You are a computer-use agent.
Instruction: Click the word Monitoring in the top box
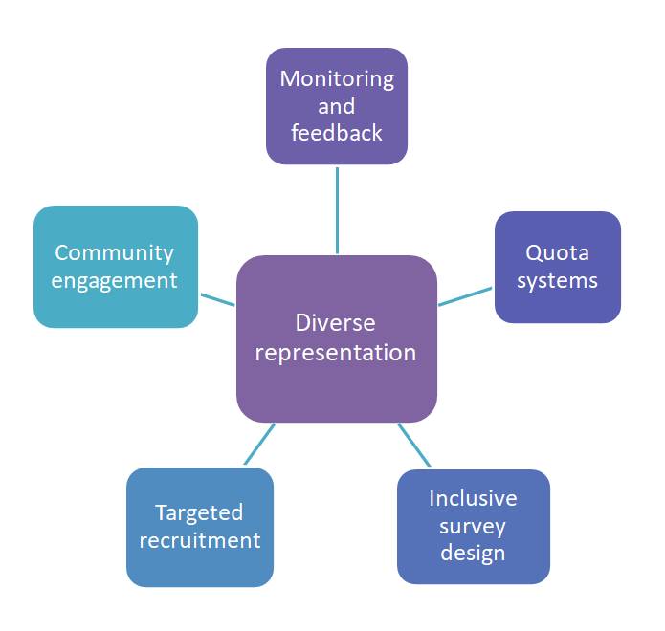point(337,78)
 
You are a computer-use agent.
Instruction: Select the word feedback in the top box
point(337,133)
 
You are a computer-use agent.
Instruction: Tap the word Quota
point(558,253)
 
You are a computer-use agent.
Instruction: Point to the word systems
point(558,280)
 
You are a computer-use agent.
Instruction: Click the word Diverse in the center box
point(336,323)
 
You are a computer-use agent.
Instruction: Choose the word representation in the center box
point(336,352)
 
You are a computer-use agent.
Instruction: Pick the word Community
point(115,253)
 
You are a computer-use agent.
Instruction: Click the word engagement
point(115,280)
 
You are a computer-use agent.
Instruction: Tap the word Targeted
point(199,512)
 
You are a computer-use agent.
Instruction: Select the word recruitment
point(199,540)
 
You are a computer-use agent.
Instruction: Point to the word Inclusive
point(473,498)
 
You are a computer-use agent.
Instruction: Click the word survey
point(473,526)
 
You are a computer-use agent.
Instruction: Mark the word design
point(473,553)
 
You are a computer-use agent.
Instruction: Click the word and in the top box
point(337,105)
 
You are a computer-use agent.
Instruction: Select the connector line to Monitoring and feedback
point(337,209)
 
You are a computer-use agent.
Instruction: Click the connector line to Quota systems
point(466,296)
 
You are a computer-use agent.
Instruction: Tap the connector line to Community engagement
point(217,299)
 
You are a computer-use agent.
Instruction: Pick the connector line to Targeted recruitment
point(259,445)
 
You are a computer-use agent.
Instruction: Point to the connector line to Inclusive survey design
point(414,446)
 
